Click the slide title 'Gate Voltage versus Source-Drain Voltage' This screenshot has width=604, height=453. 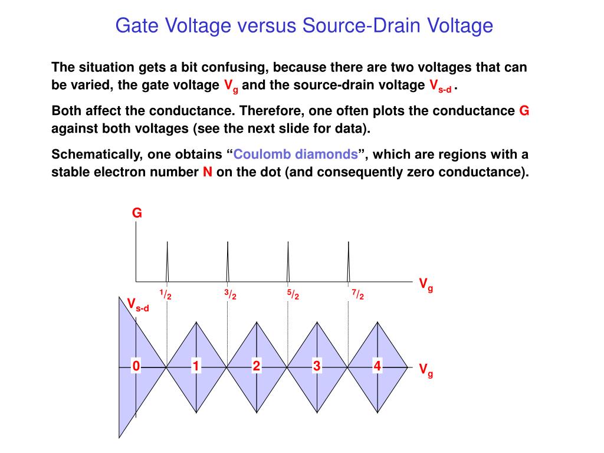tap(304, 25)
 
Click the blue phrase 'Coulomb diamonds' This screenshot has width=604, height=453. tap(296, 155)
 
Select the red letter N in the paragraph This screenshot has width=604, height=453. tap(207, 172)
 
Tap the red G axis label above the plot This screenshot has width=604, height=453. tap(137, 214)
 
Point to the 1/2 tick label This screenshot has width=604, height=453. tap(165, 294)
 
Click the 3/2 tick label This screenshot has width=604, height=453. tap(230, 294)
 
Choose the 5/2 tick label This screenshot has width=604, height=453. tap(293, 294)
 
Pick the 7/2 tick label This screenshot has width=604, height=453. tap(357, 294)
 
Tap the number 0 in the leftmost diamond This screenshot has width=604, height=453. tap(136, 367)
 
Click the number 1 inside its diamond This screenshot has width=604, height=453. tap(195, 367)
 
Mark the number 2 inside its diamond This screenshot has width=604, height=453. tap(256, 367)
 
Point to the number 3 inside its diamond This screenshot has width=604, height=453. tap(317, 367)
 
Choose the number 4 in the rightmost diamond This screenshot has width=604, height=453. tap(377, 367)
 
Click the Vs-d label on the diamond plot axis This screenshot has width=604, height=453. tap(138, 304)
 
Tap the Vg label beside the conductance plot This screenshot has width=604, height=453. tap(426, 285)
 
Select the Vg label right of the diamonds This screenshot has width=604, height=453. tap(426, 370)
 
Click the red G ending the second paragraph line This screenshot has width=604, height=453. tap(524, 111)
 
